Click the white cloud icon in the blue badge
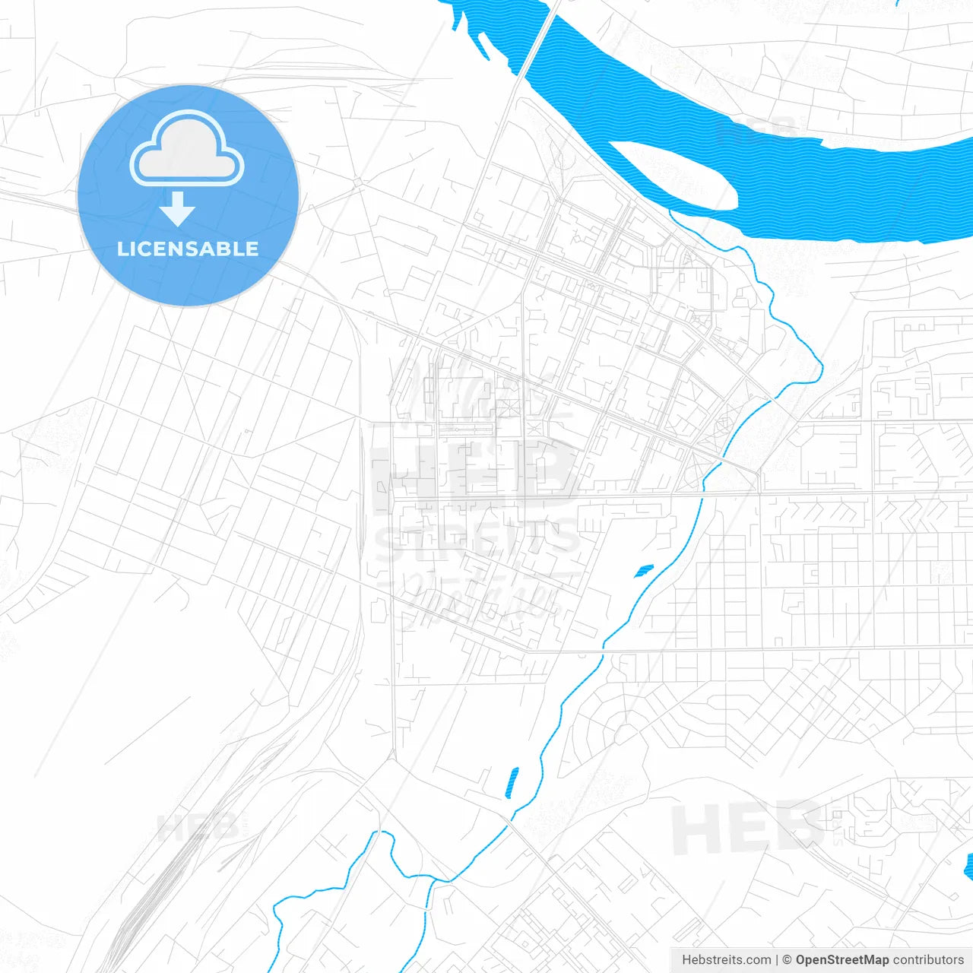[x=187, y=150]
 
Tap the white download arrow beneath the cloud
[x=178, y=209]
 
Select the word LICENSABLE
[x=188, y=249]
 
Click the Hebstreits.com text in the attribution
[x=726, y=960]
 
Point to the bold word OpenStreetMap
[x=841, y=960]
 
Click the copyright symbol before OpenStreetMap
[x=787, y=960]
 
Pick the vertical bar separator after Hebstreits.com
[x=777, y=960]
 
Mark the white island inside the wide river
[x=673, y=176]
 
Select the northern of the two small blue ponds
[x=644, y=570]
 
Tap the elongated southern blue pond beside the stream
[x=512, y=783]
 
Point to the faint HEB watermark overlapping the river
[x=756, y=131]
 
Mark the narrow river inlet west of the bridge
[x=467, y=23]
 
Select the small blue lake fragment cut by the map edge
[x=968, y=867]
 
